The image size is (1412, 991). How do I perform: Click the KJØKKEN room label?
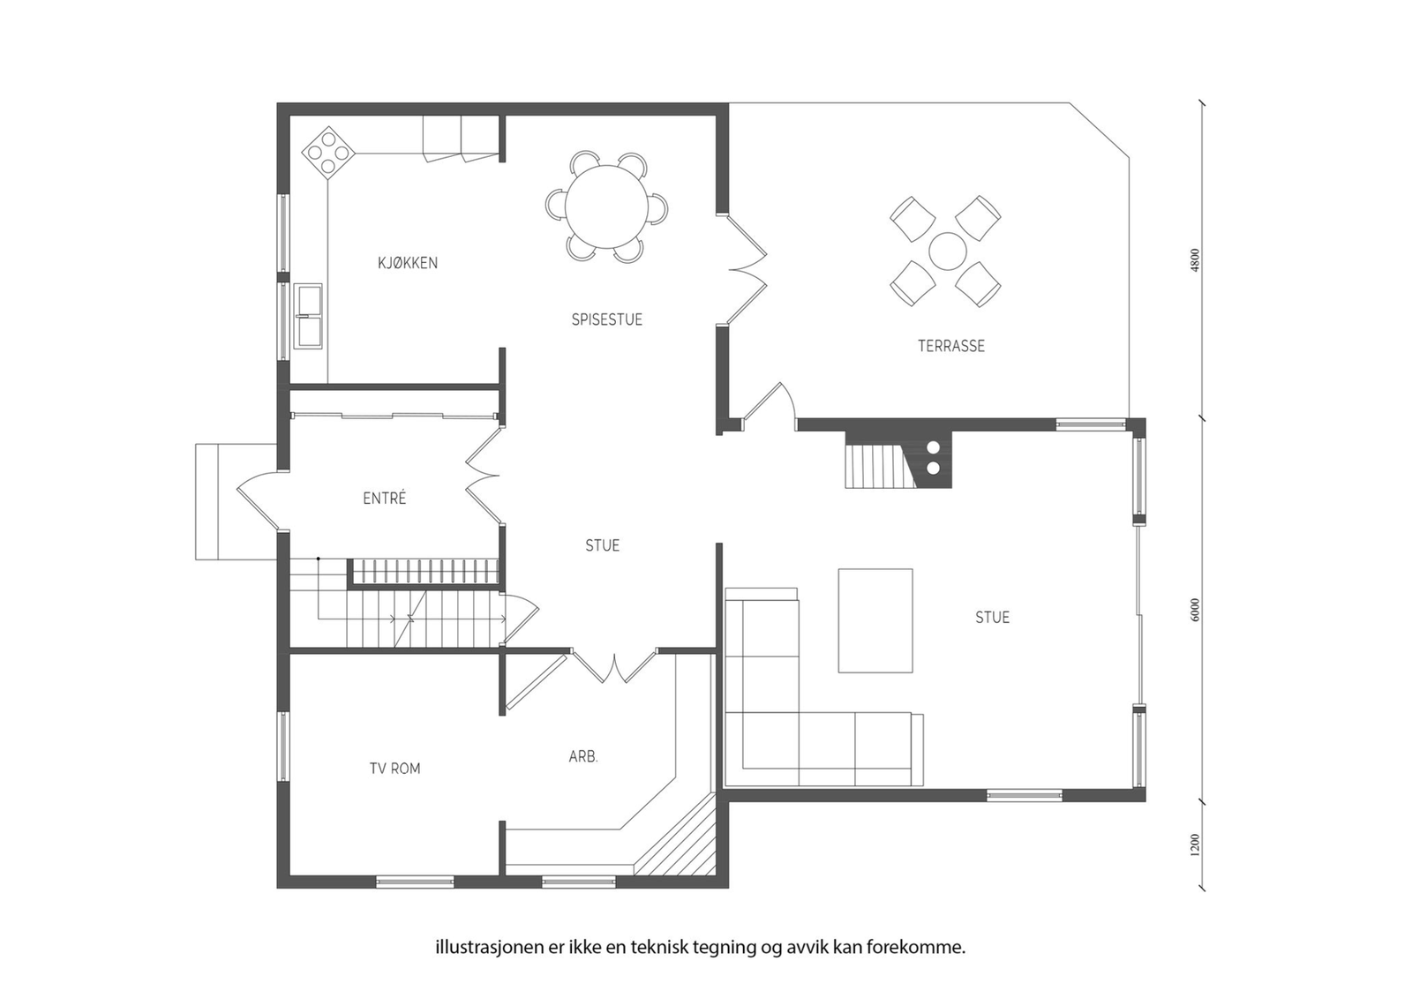(x=407, y=263)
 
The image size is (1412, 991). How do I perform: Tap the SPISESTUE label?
(x=606, y=319)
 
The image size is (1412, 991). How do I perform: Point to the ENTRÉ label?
(x=385, y=498)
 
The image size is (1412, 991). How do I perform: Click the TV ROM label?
(x=394, y=769)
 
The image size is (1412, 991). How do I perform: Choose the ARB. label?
(x=583, y=756)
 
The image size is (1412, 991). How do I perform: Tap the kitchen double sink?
(x=308, y=316)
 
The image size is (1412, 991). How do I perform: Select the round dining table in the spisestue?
(x=606, y=206)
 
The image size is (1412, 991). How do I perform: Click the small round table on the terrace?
(x=947, y=251)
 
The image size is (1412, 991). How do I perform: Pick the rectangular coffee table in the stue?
(x=875, y=620)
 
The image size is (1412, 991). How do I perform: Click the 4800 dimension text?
(x=1196, y=259)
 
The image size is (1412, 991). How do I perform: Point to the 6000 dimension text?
(x=1196, y=610)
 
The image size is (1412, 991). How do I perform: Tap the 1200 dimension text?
(x=1196, y=845)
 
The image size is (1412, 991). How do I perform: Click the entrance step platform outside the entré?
(x=237, y=502)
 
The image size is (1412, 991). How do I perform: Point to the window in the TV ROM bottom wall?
(x=415, y=882)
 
